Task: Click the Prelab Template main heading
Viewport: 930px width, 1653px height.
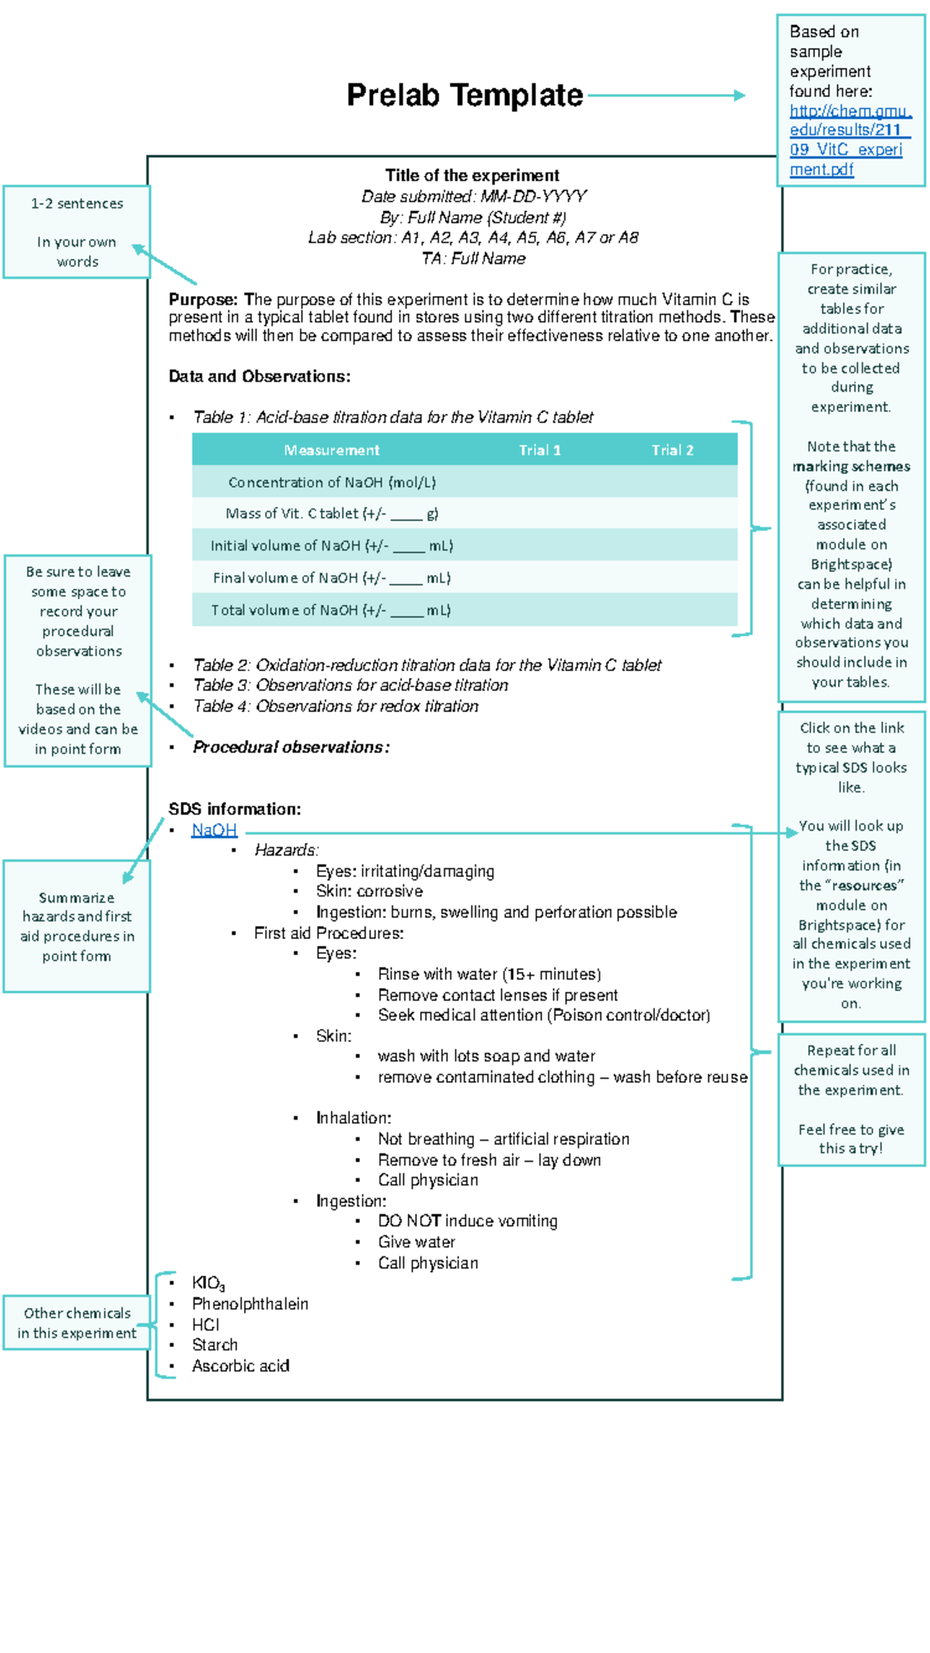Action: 464,95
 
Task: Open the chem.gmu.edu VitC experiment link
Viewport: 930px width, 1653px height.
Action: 849,140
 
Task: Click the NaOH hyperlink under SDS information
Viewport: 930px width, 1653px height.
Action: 214,830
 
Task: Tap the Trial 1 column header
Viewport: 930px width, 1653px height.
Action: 539,450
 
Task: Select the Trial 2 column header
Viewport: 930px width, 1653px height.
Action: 672,450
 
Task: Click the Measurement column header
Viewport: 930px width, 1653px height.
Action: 332,450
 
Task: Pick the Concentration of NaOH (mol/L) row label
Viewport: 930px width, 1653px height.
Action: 332,482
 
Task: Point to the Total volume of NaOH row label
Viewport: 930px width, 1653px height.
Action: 331,610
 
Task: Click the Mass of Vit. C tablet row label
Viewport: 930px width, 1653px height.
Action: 332,514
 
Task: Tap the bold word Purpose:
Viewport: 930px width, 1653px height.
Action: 203,299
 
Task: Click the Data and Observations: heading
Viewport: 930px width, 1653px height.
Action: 260,377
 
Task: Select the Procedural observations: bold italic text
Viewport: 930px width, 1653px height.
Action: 291,747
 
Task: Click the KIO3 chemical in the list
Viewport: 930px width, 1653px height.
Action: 208,1283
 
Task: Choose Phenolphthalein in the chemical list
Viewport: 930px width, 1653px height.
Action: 250,1304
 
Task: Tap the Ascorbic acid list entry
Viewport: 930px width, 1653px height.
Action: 240,1366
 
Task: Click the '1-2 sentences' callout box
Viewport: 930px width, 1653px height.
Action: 77,232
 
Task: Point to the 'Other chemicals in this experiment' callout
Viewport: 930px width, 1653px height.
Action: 77,1323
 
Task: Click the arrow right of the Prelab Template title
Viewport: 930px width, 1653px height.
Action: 666,95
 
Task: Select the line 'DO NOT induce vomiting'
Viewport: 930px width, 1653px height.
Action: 467,1221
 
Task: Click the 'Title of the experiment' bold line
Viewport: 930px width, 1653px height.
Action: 472,175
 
